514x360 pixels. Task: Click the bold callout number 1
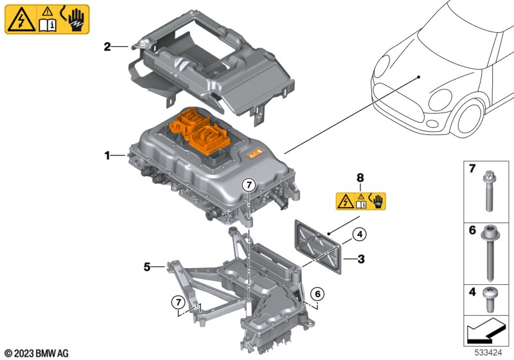[107, 155]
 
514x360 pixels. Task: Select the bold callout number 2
[107, 46]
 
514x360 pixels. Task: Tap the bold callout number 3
[361, 259]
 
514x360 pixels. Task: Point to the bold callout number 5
[147, 267]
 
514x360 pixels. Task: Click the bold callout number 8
[360, 178]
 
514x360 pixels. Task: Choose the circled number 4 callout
[360, 235]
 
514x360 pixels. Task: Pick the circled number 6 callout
[317, 294]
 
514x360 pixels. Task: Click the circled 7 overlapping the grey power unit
[249, 185]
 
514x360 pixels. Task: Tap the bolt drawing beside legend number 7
[490, 191]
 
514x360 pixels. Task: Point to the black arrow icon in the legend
[486, 330]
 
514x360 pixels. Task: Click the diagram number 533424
[488, 353]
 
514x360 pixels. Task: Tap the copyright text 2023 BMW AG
[37, 354]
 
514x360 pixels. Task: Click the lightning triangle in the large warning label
[21, 21]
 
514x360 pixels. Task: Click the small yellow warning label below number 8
[361, 201]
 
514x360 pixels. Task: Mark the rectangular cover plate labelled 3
[318, 247]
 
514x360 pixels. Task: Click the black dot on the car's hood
[419, 77]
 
